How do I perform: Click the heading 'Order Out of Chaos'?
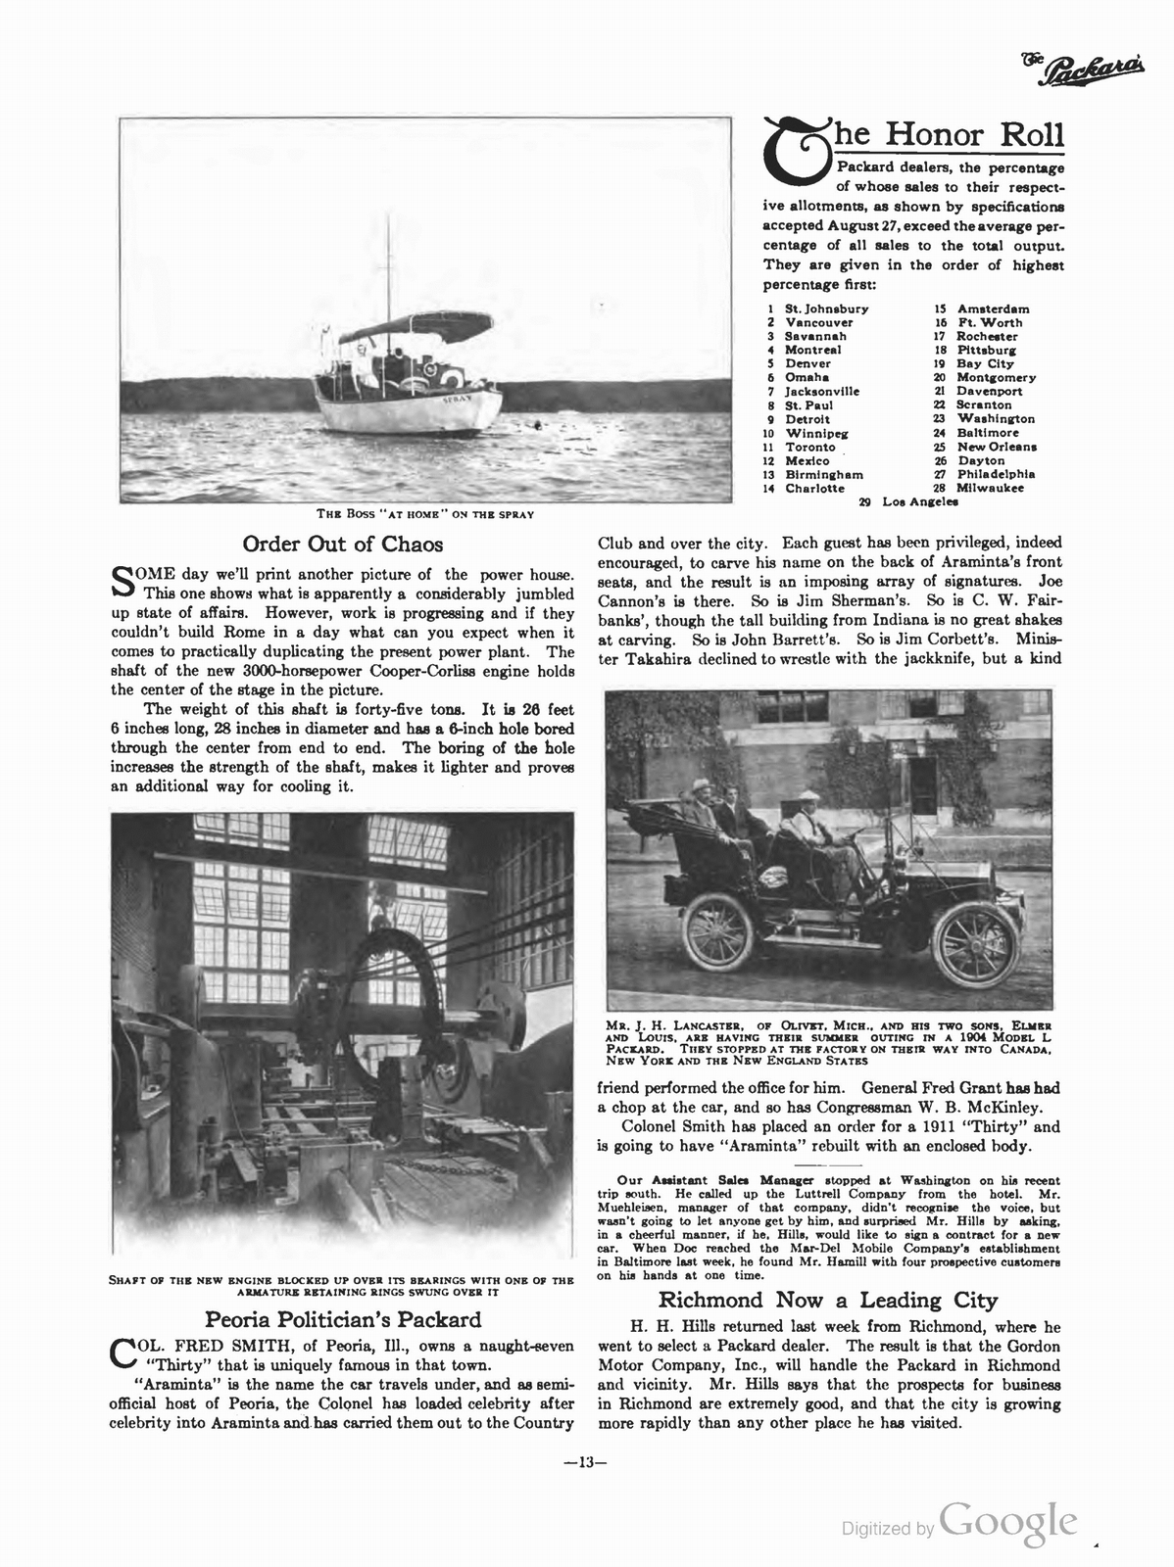342,544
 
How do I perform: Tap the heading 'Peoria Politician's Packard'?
342,1319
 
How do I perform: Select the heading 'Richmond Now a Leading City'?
827,1300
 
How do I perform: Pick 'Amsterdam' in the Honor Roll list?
993,309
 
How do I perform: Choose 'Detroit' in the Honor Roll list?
807,418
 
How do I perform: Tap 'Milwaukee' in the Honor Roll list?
990,488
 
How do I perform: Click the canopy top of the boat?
416,325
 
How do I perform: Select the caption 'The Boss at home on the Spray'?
424,514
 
